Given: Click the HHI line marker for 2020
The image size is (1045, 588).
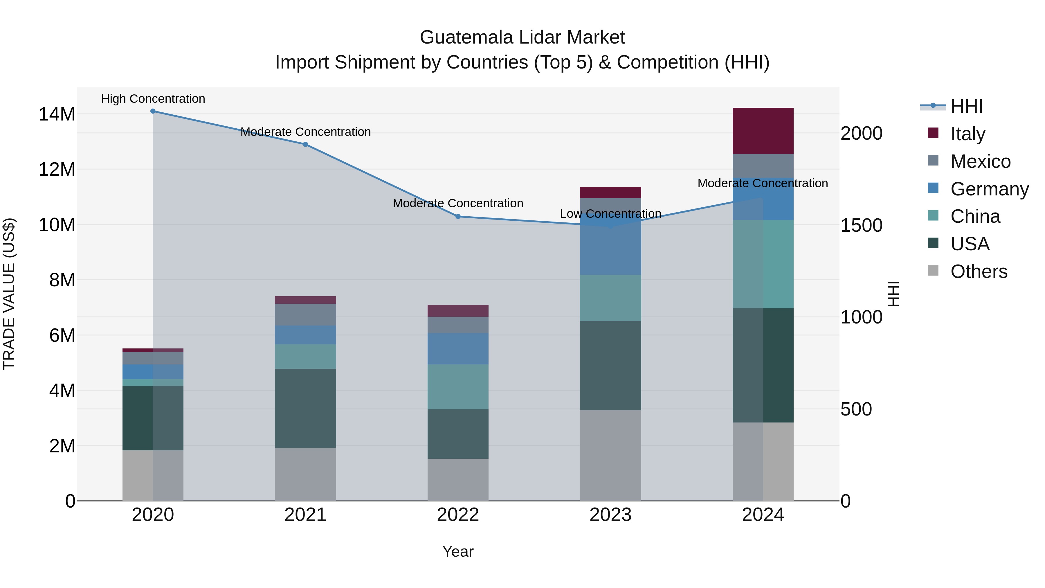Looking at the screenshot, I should point(153,111).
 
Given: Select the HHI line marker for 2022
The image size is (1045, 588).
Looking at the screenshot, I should point(458,217).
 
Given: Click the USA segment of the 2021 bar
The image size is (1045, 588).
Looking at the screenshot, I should point(305,408).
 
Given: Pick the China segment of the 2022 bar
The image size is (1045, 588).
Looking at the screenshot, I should point(458,387).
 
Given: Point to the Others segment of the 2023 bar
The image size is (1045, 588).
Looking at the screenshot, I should point(610,455).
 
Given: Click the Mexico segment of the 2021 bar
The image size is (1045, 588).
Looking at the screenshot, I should point(305,314).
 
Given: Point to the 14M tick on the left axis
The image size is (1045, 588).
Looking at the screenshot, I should point(57,114).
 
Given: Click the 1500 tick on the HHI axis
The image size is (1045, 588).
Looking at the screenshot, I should point(862,225).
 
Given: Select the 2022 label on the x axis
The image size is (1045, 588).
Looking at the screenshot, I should point(458,515).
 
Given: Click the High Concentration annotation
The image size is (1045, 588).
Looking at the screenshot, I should point(153,99).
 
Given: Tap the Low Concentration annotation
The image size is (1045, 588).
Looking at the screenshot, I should point(610,213).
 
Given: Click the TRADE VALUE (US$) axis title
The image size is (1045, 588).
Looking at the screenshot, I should point(9,294).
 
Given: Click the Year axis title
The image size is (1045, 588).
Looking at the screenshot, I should point(458,551).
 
